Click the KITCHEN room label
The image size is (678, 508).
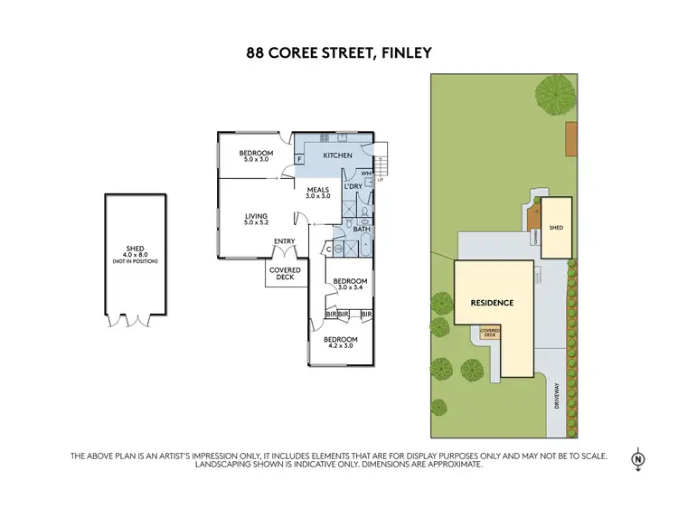[337, 155]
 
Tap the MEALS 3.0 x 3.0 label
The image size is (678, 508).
[318, 193]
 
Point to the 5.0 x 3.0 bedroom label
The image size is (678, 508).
[255, 155]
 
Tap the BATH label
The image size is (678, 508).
[362, 230]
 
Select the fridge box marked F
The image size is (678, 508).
[299, 159]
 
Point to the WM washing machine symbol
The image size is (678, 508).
[366, 172]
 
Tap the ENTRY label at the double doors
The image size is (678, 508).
[284, 240]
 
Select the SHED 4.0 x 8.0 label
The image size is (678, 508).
[135, 256]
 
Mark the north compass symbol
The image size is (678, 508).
[639, 458]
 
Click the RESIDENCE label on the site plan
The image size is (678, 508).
[491, 303]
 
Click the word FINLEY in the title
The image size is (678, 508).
[406, 53]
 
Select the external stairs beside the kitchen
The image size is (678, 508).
[381, 163]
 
